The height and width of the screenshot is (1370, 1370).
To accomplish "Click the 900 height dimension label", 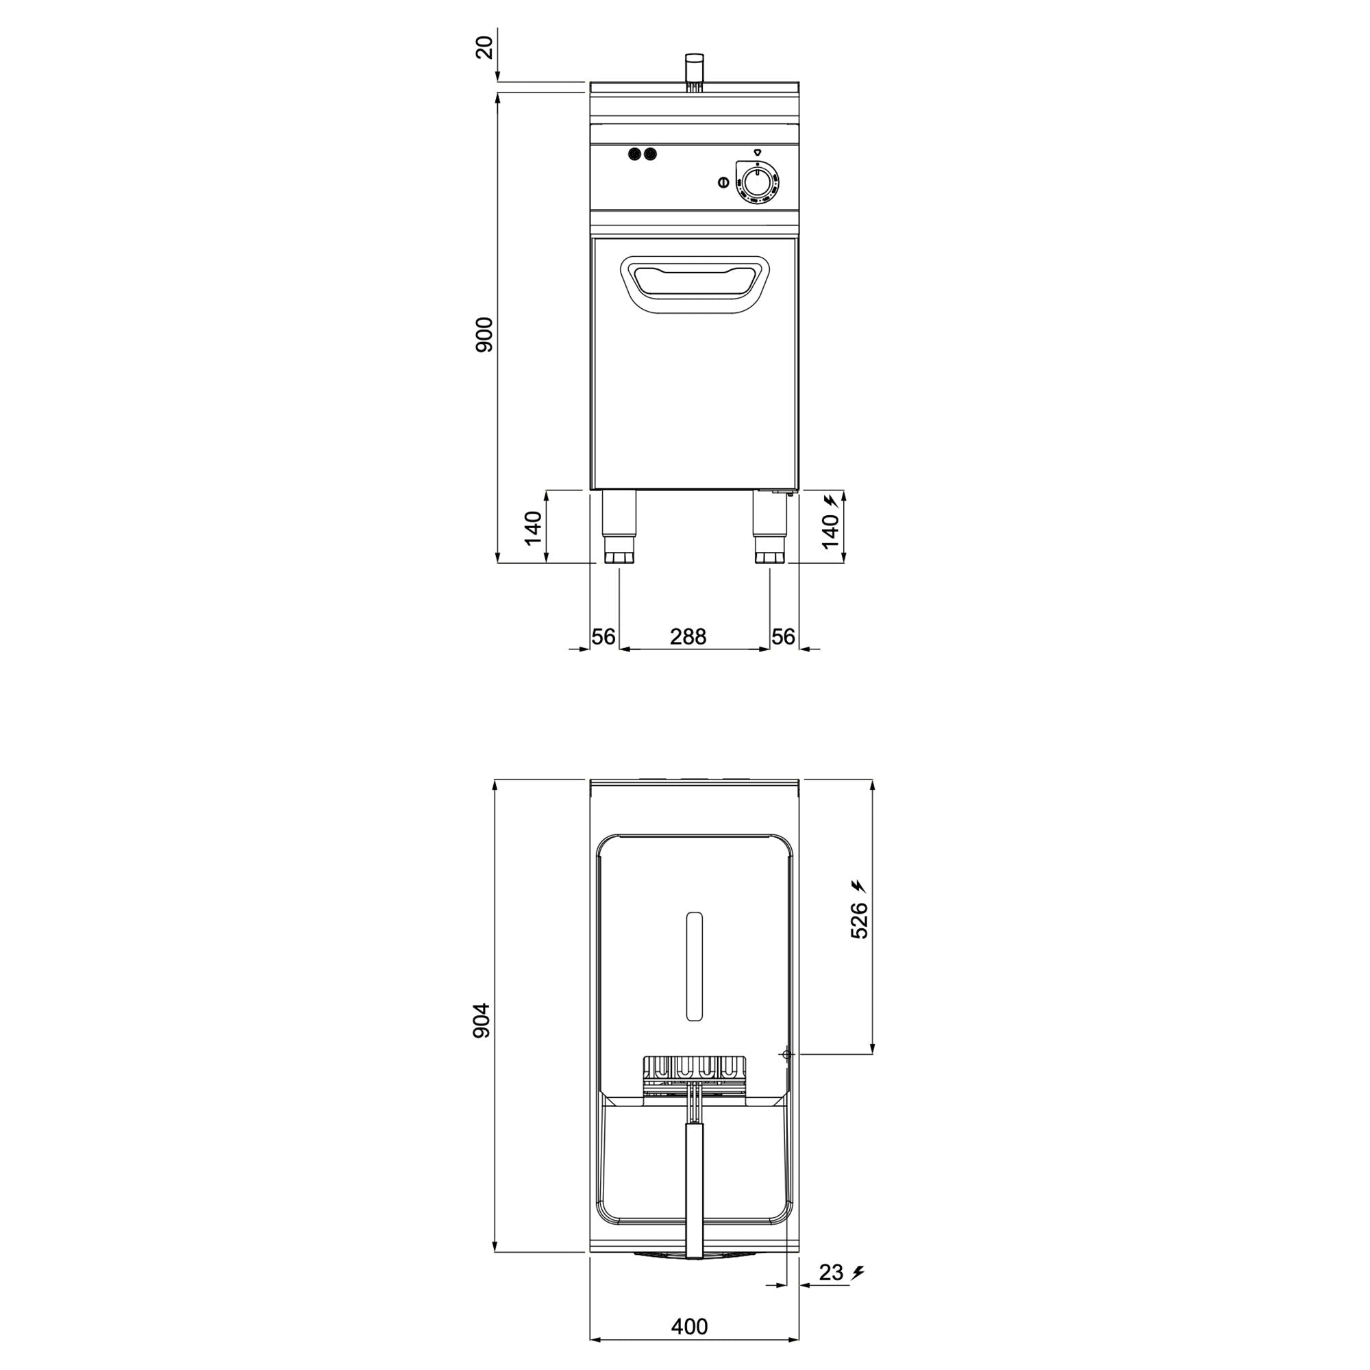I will pos(484,335).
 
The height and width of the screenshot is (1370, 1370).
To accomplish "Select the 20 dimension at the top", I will pos(484,47).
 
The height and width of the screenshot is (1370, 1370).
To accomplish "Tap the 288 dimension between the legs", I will pos(688,637).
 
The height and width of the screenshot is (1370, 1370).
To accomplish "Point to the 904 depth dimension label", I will pos(482,1021).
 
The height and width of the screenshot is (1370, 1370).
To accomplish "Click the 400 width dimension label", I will pos(689,1326).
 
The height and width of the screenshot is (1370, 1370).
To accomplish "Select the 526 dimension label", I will pos(859,921).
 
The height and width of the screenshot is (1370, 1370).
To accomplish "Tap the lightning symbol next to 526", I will pos(858,885).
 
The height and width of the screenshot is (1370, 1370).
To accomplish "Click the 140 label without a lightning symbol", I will pos(533,528).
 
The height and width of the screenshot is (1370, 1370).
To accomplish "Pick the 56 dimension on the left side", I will pos(603,637).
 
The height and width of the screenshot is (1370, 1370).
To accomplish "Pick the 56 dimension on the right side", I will pos(783,637).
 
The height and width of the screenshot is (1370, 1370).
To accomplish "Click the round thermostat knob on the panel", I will pos(758,182).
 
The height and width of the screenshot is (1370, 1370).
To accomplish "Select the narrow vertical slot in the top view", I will pos(695,967).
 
